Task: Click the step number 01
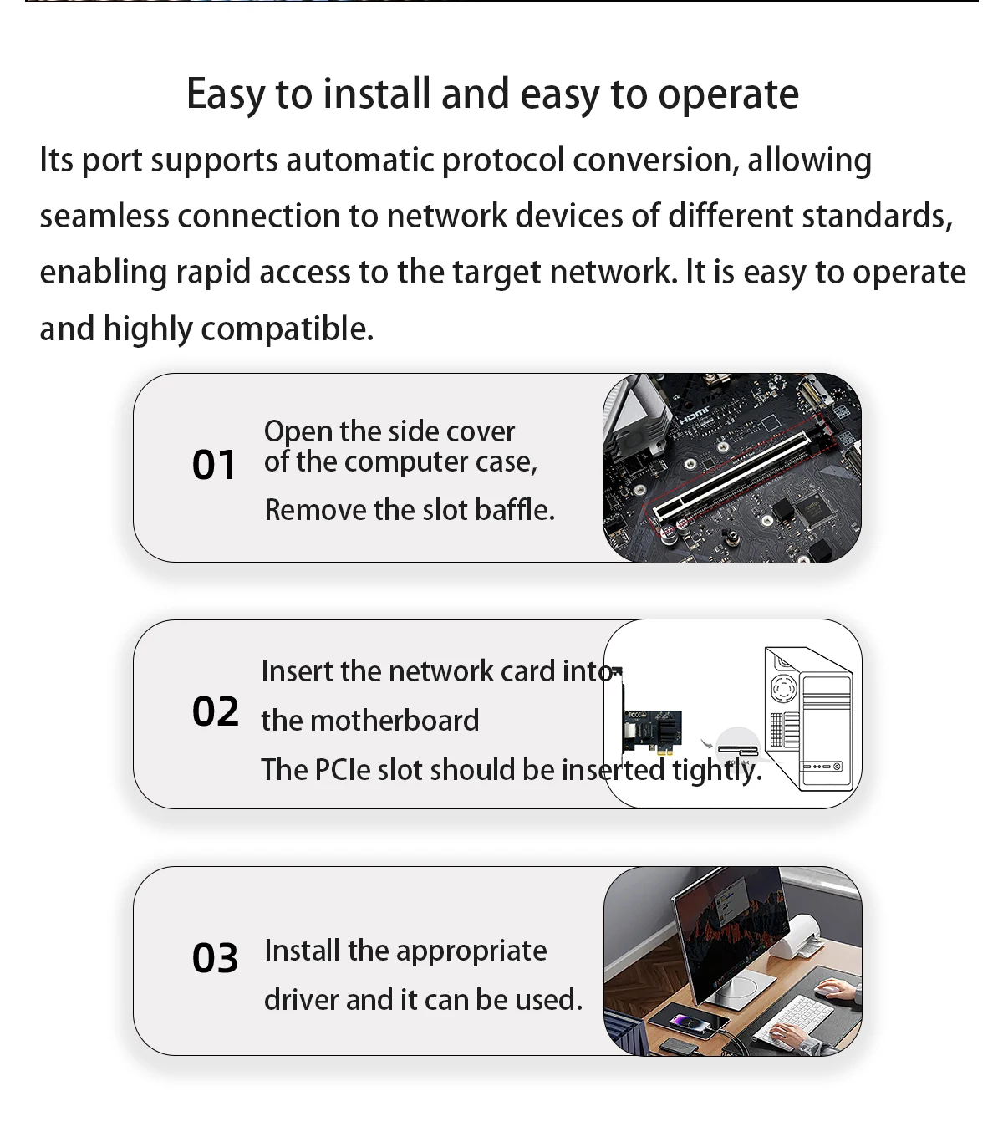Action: point(214,465)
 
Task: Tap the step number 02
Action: point(216,711)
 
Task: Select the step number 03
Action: point(215,957)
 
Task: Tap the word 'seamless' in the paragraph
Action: point(104,216)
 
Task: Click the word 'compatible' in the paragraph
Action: point(287,329)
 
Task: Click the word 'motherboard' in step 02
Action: point(395,720)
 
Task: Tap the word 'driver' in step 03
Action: point(301,1000)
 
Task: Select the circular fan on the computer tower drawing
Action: point(783,687)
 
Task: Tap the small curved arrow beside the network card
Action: point(706,744)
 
